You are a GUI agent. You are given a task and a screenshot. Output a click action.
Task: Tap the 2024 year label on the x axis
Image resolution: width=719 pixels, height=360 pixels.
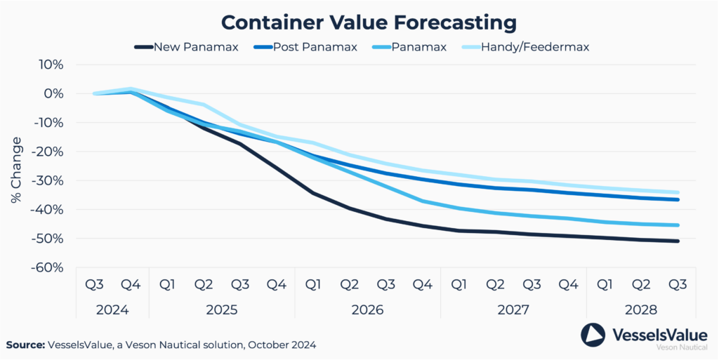click(x=112, y=309)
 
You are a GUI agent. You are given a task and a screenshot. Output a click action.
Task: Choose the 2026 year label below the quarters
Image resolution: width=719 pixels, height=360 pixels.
click(x=367, y=309)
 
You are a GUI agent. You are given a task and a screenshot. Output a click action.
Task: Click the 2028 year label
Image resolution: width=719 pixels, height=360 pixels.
click(x=640, y=309)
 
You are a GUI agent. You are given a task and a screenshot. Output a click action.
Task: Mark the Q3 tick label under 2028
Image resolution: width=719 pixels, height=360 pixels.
click(x=677, y=284)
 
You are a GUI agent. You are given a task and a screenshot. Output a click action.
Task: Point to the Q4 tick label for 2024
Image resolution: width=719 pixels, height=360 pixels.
click(x=131, y=284)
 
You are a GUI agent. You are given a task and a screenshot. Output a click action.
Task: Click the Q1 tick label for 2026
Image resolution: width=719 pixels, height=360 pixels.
click(x=313, y=284)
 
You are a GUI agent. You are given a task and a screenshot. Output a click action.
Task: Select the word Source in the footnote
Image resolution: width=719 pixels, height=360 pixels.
click(x=25, y=345)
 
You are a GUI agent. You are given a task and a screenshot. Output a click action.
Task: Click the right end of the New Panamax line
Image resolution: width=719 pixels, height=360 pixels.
click(x=678, y=241)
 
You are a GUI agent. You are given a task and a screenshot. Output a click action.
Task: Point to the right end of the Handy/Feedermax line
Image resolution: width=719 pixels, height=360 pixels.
click(x=678, y=192)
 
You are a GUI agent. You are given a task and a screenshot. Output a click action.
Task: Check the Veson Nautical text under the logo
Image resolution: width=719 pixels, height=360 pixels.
click(x=681, y=347)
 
